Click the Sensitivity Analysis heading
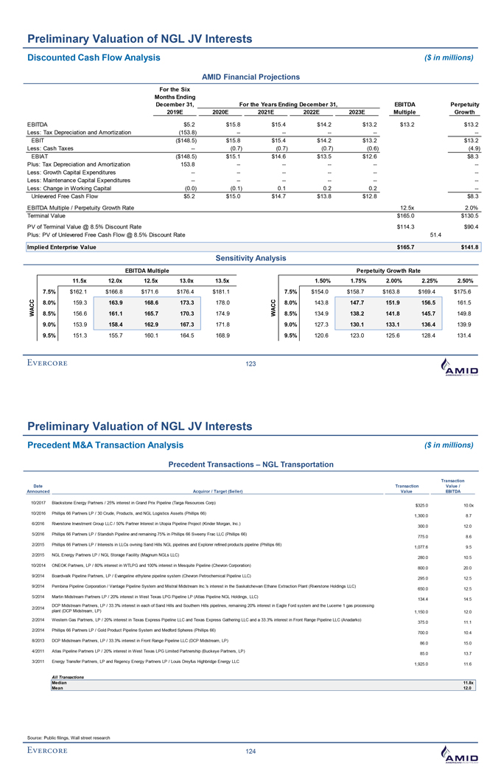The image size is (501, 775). tap(251, 259)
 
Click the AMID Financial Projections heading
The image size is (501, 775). tap(251, 77)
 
